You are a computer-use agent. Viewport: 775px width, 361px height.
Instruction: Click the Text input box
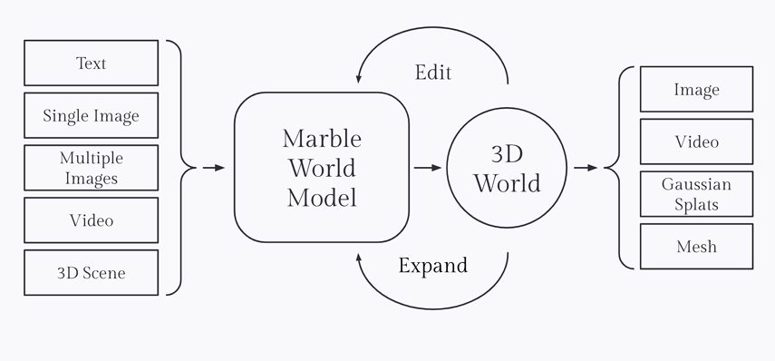coord(91,63)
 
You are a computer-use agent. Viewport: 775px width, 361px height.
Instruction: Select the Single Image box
coord(91,116)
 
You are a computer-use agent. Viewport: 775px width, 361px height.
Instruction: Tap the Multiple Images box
coord(91,168)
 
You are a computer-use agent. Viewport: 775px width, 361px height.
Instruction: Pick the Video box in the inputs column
coord(91,220)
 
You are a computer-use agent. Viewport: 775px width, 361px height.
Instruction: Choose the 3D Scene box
coord(91,273)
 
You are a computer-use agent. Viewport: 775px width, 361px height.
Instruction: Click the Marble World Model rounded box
coord(320,168)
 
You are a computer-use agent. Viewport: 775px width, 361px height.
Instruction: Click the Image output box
coord(696,89)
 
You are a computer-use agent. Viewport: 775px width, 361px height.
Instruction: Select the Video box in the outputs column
coord(696,141)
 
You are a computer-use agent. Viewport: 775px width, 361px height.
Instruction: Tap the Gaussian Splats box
coord(696,194)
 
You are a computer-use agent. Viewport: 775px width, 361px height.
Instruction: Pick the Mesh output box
coord(696,247)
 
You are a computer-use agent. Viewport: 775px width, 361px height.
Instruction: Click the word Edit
coord(432,72)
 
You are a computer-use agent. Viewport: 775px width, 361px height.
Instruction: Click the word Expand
coord(433,266)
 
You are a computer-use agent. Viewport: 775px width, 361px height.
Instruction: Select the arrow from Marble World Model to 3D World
coord(429,168)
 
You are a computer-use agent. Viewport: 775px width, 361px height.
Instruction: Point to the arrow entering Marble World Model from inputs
coord(214,168)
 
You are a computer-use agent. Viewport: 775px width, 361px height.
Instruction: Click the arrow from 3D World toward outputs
coord(586,168)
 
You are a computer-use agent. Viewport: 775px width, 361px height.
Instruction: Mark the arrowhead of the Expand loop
coord(360,259)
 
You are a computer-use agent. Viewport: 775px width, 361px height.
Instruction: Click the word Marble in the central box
coord(322,139)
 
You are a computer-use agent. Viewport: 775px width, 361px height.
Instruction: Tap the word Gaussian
coord(696,185)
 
